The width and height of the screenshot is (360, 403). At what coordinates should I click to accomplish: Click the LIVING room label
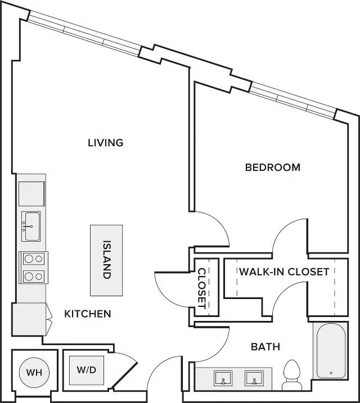pyautogui.click(x=106, y=143)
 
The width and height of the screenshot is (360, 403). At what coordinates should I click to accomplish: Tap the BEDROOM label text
pyautogui.click(x=273, y=167)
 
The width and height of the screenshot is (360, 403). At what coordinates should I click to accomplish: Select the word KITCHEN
pyautogui.click(x=88, y=314)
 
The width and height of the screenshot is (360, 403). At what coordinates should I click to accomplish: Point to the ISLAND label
pyautogui.click(x=107, y=260)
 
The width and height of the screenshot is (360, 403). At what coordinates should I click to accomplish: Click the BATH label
pyautogui.click(x=265, y=347)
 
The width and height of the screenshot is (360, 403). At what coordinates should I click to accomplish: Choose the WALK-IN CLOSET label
pyautogui.click(x=284, y=271)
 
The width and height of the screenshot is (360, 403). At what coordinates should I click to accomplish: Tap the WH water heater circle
pyautogui.click(x=34, y=372)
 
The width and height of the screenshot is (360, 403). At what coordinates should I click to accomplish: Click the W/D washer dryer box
pyautogui.click(x=87, y=370)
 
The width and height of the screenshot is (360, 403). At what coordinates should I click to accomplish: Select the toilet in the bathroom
pyautogui.click(x=292, y=375)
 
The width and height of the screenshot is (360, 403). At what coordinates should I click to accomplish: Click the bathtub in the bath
pyautogui.click(x=331, y=351)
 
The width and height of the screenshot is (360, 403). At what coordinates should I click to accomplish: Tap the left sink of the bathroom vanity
pyautogui.click(x=223, y=378)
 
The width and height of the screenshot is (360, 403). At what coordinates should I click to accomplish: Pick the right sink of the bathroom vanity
pyautogui.click(x=254, y=378)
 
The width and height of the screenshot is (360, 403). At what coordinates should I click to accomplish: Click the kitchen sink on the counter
pyautogui.click(x=31, y=227)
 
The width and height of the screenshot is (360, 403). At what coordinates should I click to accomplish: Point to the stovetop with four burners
pyautogui.click(x=33, y=268)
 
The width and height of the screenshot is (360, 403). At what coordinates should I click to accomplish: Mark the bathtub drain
pyautogui.click(x=331, y=373)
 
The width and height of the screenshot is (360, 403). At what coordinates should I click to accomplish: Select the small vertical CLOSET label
pyautogui.click(x=202, y=288)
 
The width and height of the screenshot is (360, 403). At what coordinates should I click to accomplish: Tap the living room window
pyautogui.click(x=84, y=33)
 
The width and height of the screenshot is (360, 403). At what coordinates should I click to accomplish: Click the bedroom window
pyautogui.click(x=293, y=101)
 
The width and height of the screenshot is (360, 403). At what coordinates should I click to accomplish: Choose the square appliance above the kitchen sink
pyautogui.click(x=31, y=194)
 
